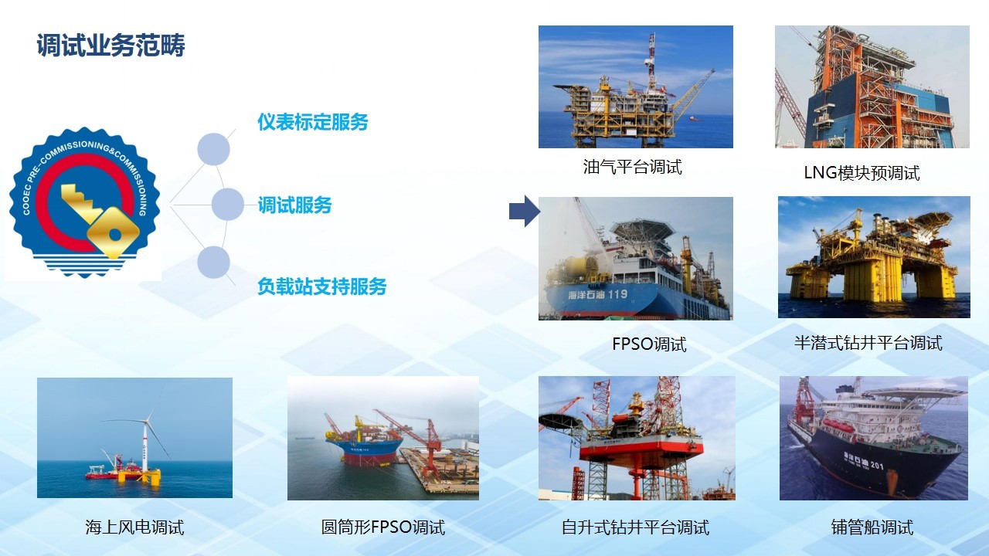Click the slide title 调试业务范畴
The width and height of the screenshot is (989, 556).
coord(110,45)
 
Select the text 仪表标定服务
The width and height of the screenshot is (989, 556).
coord(313,122)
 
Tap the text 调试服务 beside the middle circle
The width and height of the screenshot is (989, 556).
coord(294,205)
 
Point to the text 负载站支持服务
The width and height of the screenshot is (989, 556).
coord(322,286)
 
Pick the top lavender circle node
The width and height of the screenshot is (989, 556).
coord(214,149)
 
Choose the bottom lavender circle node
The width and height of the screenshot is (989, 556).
coord(214,262)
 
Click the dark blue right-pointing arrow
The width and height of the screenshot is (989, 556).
coord(525,211)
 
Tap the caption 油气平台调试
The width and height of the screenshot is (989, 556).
coord(632,168)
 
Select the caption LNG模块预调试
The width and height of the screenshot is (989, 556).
coord(862,173)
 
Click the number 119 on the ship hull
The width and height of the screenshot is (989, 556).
coord(617,294)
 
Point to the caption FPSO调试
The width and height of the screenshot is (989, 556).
coord(649,344)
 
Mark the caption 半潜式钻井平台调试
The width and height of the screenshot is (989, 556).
coord(868,343)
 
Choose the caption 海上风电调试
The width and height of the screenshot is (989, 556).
coord(134,527)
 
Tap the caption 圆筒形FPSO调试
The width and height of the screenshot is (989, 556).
coord(382,527)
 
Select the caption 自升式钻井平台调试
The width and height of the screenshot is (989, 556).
coord(635,527)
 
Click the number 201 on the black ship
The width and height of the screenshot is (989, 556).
coord(877,465)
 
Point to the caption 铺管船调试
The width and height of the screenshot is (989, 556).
coord(872,527)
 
